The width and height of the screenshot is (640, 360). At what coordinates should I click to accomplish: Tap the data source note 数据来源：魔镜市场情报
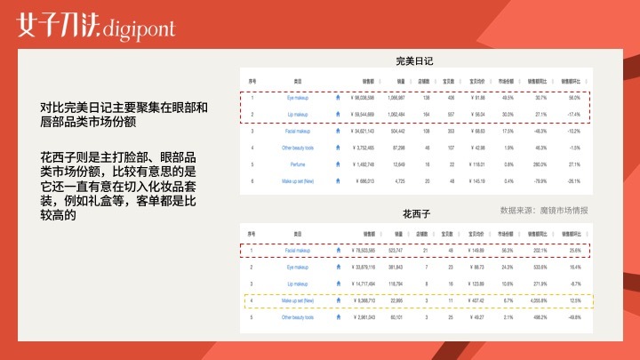544,211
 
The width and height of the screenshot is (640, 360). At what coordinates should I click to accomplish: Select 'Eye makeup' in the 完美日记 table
297,98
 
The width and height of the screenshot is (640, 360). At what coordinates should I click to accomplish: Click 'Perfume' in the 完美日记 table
297,164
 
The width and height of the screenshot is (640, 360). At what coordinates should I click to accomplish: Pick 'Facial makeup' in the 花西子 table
297,250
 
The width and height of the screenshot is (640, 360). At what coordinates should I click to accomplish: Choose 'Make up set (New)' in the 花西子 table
297,300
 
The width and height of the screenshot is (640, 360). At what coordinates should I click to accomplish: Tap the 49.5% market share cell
506,98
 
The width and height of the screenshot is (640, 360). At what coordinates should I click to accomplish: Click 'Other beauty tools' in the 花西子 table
297,317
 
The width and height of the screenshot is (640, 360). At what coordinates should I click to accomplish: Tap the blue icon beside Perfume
338,164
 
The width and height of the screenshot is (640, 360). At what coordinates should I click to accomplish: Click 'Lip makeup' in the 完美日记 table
297,115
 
